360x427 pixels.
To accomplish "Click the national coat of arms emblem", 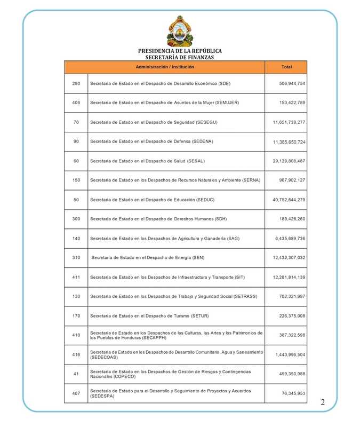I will point(180,31).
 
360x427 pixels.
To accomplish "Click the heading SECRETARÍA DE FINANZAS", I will point(180,57).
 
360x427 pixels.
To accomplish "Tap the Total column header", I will point(286,67).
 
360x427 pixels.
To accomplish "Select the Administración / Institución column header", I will point(165,67).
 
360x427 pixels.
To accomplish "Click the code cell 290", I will point(76,84).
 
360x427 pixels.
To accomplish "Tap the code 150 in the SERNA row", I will point(76,180).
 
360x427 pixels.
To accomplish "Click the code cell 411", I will point(76,277).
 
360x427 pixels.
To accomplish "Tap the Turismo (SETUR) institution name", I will point(145,316).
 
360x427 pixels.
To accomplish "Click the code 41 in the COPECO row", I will point(76,374).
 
